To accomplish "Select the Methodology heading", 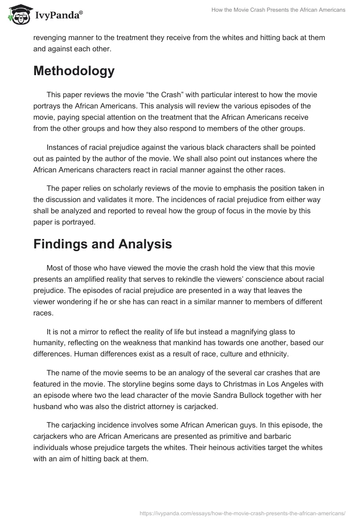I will [74, 71].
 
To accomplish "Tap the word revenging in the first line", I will [50, 38].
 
